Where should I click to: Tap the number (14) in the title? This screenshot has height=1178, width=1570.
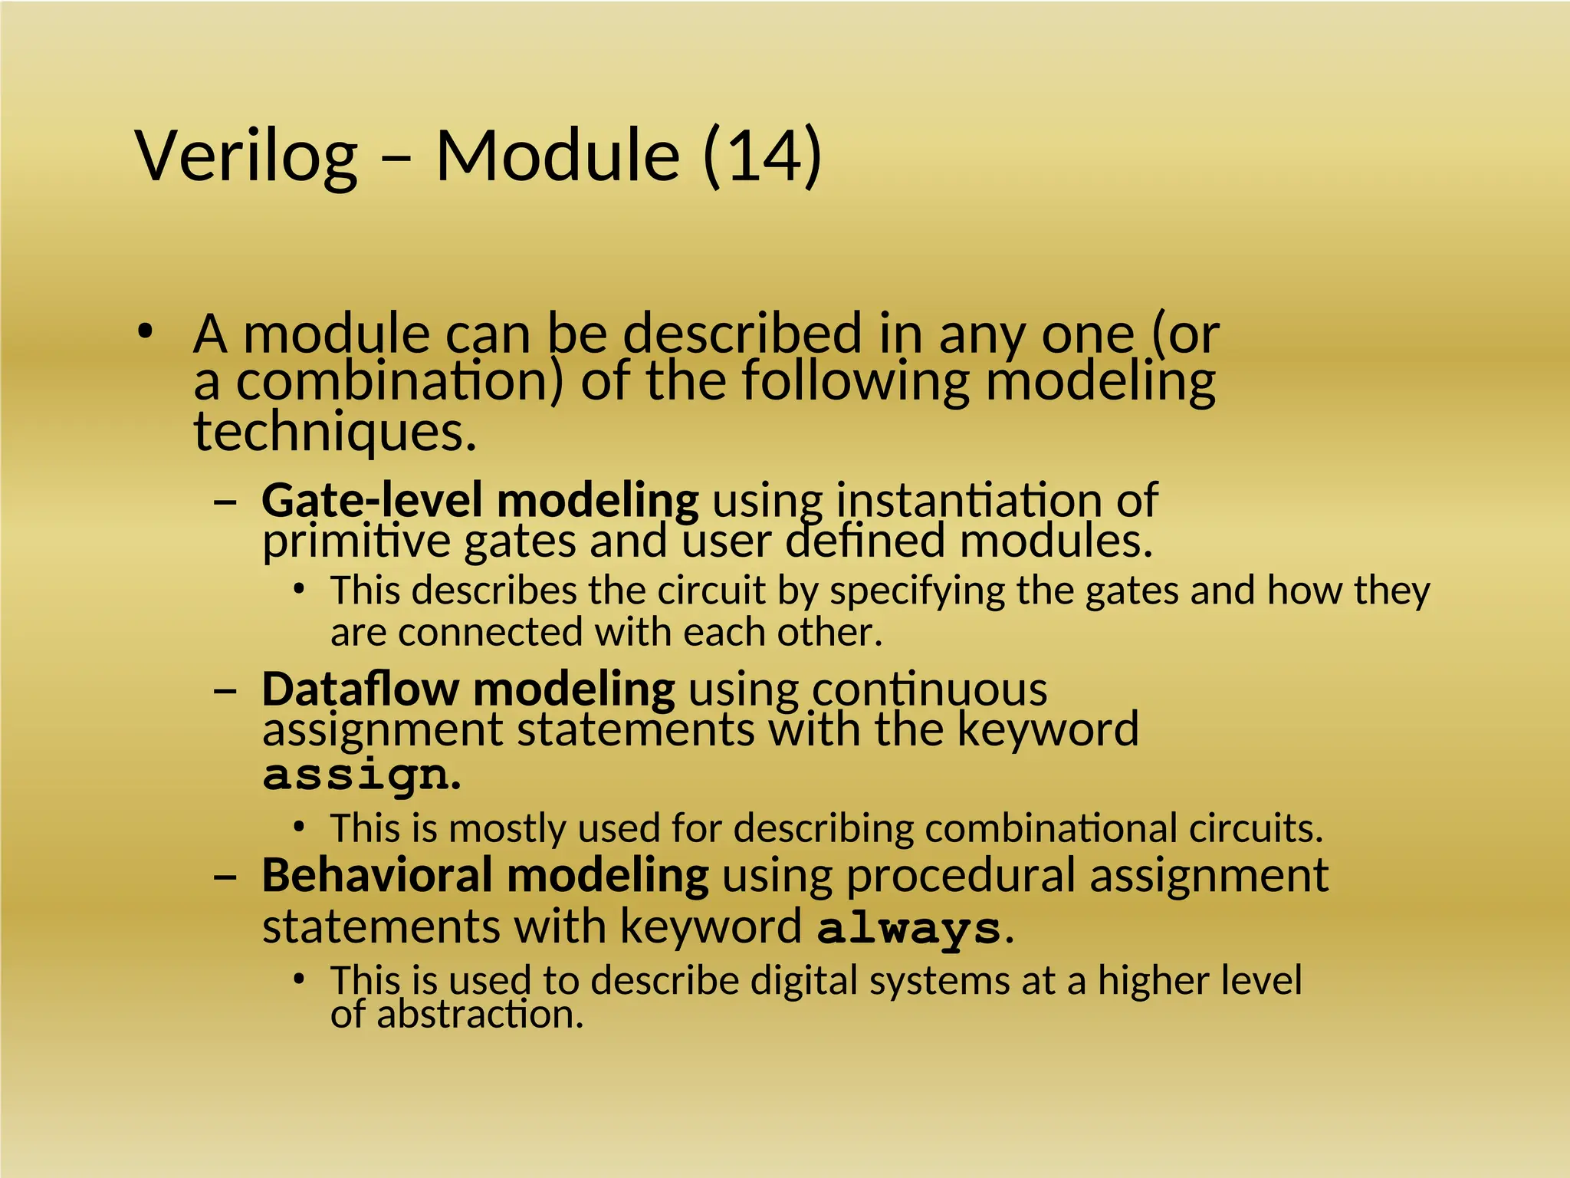pos(762,156)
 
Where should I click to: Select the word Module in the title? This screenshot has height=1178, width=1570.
pos(557,156)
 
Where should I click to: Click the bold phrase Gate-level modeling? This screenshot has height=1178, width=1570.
pos(480,500)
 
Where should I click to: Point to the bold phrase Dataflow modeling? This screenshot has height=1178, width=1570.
pos(468,689)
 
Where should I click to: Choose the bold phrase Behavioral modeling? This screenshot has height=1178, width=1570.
pos(485,875)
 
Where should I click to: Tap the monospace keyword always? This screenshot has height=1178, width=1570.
pos(909,929)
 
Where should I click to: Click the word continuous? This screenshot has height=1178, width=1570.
pos(929,689)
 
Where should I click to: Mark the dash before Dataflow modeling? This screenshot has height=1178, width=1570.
pos(225,689)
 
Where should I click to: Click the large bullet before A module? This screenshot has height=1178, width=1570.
pos(144,333)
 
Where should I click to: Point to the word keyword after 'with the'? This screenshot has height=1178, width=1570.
pos(1048,729)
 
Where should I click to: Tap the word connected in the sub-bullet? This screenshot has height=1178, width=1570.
pos(491,633)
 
